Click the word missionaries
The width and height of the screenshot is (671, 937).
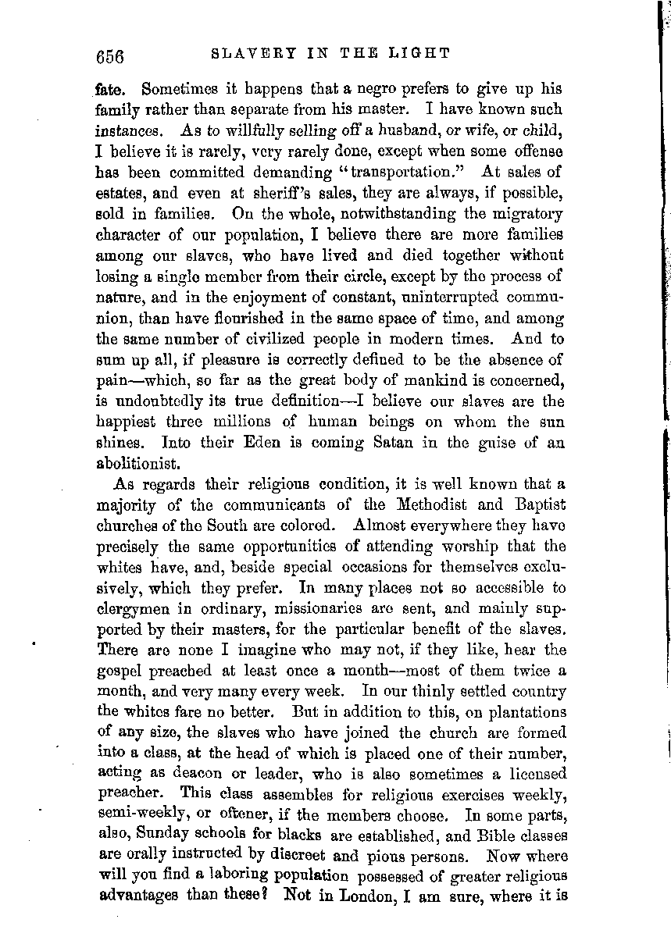(x=351, y=608)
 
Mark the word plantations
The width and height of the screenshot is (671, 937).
(x=526, y=711)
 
